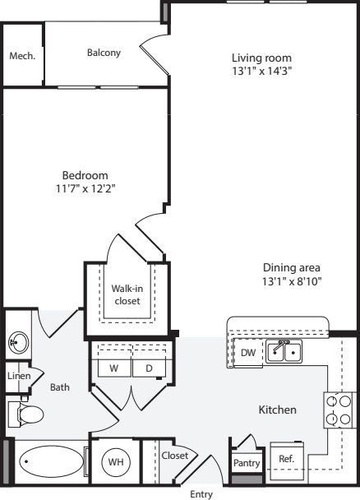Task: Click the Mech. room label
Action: (21, 56)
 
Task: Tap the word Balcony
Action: (104, 53)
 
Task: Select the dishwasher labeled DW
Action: (247, 353)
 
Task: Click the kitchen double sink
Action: (283, 352)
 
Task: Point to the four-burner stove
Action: (338, 410)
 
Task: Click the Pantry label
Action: (247, 464)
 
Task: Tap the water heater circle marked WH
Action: (116, 463)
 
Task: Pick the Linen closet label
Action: (18, 376)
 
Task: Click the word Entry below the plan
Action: (201, 494)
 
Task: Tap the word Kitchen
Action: (278, 410)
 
